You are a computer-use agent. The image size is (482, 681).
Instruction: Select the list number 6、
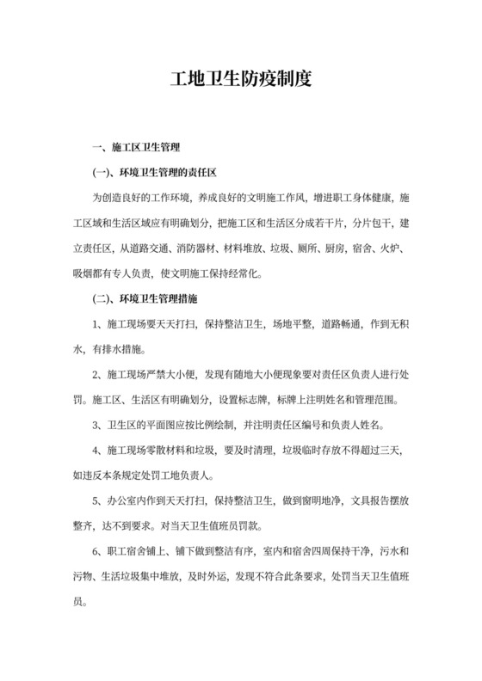[97, 550]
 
